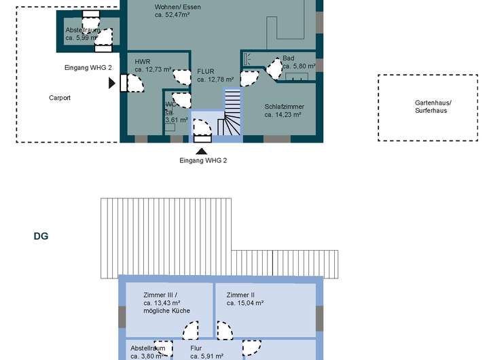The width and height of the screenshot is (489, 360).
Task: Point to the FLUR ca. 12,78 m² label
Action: click(215, 75)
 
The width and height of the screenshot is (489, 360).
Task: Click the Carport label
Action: click(60, 98)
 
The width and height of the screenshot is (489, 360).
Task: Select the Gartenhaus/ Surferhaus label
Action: click(433, 107)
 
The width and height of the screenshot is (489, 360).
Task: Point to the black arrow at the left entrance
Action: click(111, 83)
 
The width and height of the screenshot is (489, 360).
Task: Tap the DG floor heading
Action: click(41, 237)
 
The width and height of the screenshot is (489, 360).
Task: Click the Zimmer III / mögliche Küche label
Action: click(167, 302)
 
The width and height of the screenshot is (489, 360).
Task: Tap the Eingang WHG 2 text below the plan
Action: click(202, 160)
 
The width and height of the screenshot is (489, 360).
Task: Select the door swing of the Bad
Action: click(273, 69)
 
